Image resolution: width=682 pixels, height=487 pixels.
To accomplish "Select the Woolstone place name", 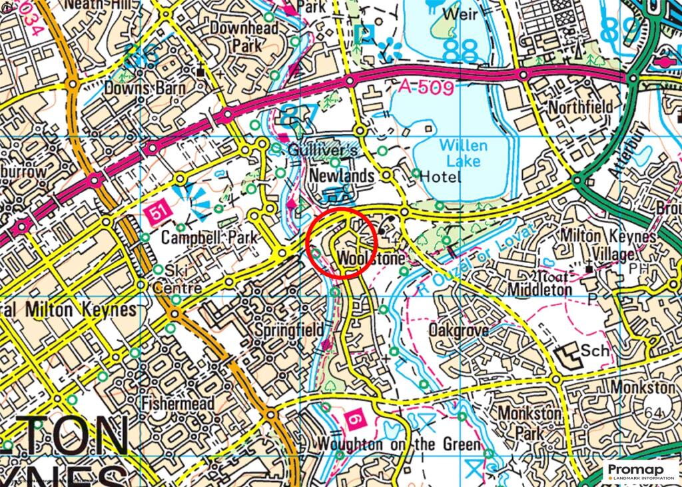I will pyautogui.click(x=372, y=257).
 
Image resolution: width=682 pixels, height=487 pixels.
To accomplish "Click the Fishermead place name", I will pyautogui.click(x=178, y=403).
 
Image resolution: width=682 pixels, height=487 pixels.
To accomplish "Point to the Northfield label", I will pyautogui.click(x=580, y=107).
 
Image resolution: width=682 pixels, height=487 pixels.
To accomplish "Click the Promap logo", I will pyautogui.click(x=641, y=472).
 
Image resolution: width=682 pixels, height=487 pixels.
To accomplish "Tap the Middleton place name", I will pyautogui.click(x=539, y=290).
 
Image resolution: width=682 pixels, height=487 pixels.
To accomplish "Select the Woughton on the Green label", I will pyautogui.click(x=398, y=444).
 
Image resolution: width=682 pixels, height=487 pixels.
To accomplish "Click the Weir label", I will pyautogui.click(x=460, y=13).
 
